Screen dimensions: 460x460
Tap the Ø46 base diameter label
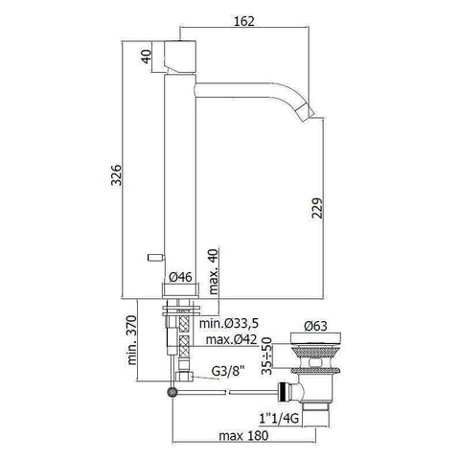(181, 277)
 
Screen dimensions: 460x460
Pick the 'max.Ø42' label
(230, 342)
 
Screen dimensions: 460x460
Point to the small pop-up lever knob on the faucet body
(153, 259)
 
